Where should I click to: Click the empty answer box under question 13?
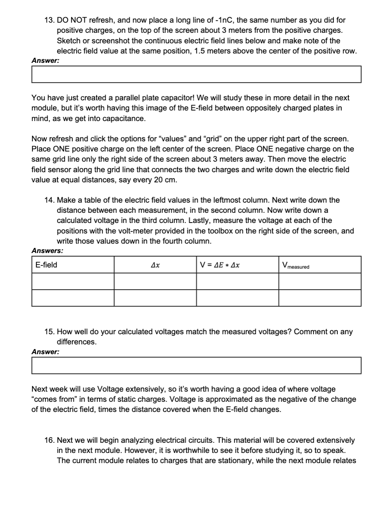[196, 74]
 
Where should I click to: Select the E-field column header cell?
[73, 265]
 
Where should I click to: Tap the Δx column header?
[155, 265]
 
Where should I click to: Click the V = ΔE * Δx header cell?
[237, 265]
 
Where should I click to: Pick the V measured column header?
[319, 265]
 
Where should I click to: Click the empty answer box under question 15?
[196, 365]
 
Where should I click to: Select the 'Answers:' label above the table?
[47, 251]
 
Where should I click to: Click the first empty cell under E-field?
[73, 281]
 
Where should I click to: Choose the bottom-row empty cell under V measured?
[319, 298]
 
